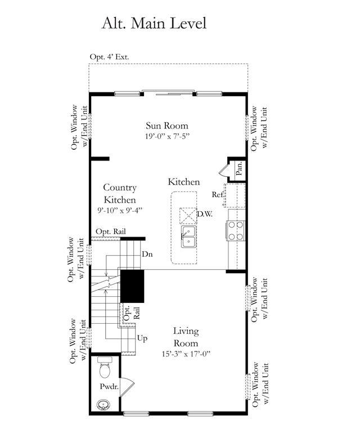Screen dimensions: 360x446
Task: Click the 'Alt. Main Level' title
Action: (154, 23)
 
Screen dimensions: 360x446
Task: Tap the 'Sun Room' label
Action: (167, 126)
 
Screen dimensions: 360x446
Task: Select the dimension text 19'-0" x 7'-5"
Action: (167, 136)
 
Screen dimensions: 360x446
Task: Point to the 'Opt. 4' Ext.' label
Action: (109, 57)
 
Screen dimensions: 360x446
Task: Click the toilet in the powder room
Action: (105, 367)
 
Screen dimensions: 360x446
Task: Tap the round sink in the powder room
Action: (102, 405)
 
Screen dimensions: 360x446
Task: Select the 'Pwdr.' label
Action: (109, 386)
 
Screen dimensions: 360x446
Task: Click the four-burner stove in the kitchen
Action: (236, 231)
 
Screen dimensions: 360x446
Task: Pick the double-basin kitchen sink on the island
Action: (188, 237)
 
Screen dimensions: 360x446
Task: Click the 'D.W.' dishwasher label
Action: (205, 214)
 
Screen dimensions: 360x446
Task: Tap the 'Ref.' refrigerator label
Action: (218, 194)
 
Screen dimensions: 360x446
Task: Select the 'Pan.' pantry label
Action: (239, 168)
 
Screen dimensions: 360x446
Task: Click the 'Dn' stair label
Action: (147, 254)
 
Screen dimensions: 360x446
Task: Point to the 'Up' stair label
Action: (142, 338)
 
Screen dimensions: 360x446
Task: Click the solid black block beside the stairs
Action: (132, 286)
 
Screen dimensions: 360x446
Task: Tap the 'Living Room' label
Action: (186, 337)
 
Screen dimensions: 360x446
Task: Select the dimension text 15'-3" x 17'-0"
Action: (186, 354)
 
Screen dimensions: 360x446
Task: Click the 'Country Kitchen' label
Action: (120, 194)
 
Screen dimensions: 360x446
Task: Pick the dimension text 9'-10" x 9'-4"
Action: (120, 211)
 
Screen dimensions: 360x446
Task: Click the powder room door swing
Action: (127, 387)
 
